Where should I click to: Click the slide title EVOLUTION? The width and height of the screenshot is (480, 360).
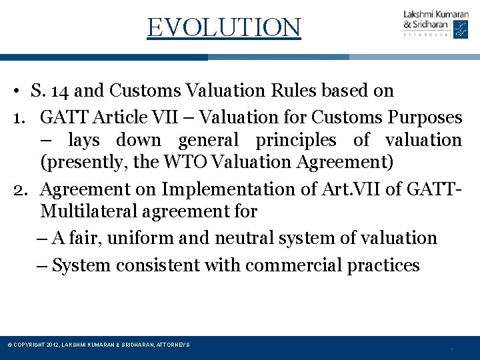pos(224,27)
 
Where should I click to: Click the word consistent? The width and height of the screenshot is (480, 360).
pos(157,265)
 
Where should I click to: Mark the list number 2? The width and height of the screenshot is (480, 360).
pos(20,189)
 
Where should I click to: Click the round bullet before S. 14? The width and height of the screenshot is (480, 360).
pos(22,91)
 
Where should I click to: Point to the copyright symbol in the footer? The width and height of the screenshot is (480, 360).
pos(9,345)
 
